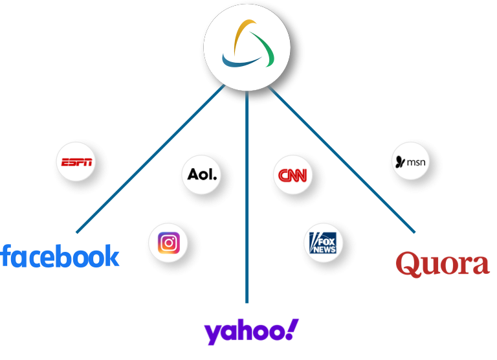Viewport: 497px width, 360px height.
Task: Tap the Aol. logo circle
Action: point(203,175)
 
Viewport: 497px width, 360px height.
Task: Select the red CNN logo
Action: point(292,176)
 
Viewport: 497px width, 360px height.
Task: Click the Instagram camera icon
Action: point(169,243)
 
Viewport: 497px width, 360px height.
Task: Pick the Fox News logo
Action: point(322,243)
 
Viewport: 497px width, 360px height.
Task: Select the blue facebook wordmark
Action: point(60,256)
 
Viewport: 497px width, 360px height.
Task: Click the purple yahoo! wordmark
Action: point(251,331)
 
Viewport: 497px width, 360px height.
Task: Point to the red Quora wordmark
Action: point(442,264)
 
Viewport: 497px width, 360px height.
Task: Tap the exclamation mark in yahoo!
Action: point(292,329)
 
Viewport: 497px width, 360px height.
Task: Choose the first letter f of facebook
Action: point(6,256)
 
